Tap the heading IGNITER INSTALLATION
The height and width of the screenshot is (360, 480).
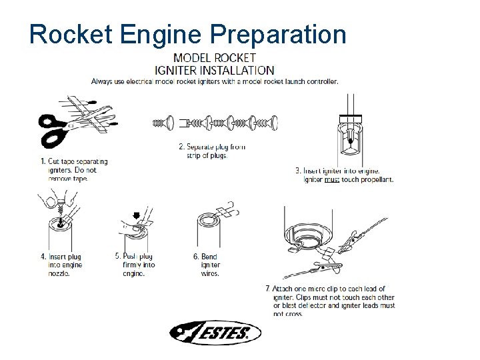coord(214,70)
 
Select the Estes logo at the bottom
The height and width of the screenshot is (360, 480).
coord(214,332)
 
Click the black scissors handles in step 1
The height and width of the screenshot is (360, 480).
coord(53,131)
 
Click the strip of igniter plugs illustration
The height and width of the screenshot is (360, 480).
coord(215,123)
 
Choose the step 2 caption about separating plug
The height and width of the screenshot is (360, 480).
coord(211,151)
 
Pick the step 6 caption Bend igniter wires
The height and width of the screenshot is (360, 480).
coord(209,265)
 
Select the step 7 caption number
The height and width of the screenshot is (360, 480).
coord(268,289)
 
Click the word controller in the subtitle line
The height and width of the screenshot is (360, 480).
coord(319,81)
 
